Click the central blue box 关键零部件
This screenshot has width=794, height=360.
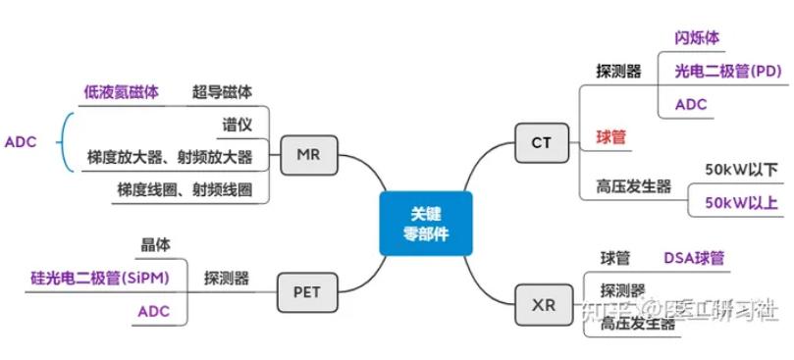[x=425, y=225]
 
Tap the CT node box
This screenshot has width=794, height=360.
[x=541, y=142]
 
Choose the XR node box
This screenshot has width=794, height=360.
[x=543, y=304]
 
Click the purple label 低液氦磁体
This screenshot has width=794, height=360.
[x=120, y=92]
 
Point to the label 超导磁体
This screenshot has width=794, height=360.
[x=222, y=92]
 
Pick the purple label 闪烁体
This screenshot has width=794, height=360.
[x=697, y=38]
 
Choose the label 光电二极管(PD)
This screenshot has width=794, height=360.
[x=727, y=71]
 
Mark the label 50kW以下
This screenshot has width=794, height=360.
[x=742, y=170]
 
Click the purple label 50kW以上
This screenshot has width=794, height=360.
[x=742, y=202]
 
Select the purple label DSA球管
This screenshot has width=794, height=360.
[x=694, y=258]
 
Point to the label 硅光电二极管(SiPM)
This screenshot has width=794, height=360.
[x=98, y=279]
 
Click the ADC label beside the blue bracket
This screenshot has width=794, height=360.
[x=21, y=141]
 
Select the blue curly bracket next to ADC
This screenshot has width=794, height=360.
[x=66, y=142]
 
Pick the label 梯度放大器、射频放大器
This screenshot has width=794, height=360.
[x=170, y=157]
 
